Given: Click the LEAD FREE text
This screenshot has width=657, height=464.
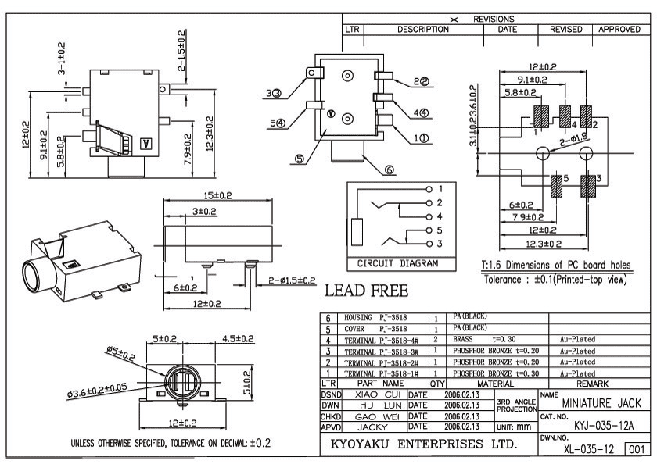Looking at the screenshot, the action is [x=366, y=291].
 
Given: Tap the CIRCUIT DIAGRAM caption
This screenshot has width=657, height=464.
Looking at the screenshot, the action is [x=397, y=263].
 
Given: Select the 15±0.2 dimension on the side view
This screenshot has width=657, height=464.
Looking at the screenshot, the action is [x=217, y=195].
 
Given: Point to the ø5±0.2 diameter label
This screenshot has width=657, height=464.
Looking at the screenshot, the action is [x=120, y=354].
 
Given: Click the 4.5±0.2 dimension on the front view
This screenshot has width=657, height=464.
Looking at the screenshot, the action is [x=238, y=338].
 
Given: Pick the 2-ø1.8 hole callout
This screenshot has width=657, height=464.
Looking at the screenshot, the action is [x=573, y=140].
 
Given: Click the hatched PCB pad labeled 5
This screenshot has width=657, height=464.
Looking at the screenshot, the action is [x=556, y=186].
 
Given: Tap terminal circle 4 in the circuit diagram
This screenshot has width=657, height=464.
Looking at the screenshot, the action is [x=429, y=216].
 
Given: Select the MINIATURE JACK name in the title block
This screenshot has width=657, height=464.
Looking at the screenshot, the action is [x=601, y=403].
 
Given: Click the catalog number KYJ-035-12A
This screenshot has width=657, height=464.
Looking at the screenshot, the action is [x=604, y=426].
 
